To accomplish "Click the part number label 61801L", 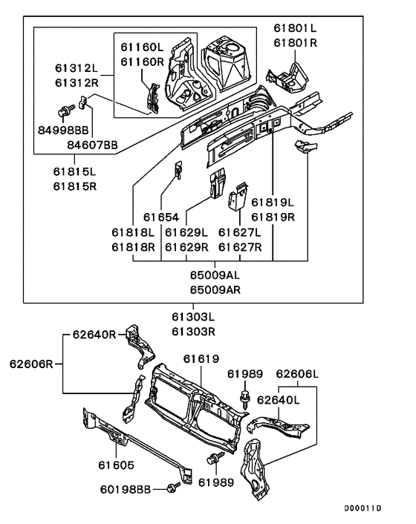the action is point(295,28).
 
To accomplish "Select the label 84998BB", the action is point(63,130).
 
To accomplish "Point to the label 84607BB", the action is point(92,145).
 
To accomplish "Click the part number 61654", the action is point(161,217).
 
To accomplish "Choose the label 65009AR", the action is point(215,289).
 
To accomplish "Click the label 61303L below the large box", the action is point(193,316).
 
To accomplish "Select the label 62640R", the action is point(94,334).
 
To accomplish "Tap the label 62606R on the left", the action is point(31,364).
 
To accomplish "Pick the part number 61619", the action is point(201,359).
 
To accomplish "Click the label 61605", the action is point(116,465).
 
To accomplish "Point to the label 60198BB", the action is point(126,490).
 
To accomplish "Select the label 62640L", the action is point(279,400).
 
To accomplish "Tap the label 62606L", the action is point(297,373).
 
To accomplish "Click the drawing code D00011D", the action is point(363,508).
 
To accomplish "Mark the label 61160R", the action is point(143,62).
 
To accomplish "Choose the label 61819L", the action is point(273,202).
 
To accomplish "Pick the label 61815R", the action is point(74,186).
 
